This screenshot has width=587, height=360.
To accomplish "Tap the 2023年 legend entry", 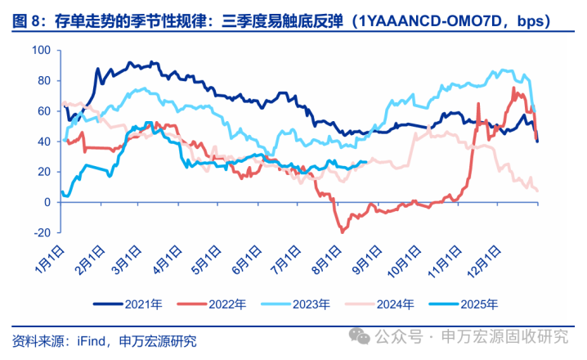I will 311,304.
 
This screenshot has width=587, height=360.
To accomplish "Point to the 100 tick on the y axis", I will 42,51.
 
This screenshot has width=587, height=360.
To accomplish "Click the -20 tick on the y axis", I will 41,232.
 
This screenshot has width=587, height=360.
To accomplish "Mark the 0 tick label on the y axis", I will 47,202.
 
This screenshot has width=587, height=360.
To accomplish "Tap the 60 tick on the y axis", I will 43,111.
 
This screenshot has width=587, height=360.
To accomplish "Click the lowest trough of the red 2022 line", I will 342,232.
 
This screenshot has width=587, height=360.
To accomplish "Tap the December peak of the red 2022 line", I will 513,88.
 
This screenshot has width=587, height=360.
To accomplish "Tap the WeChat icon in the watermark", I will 358,335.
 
